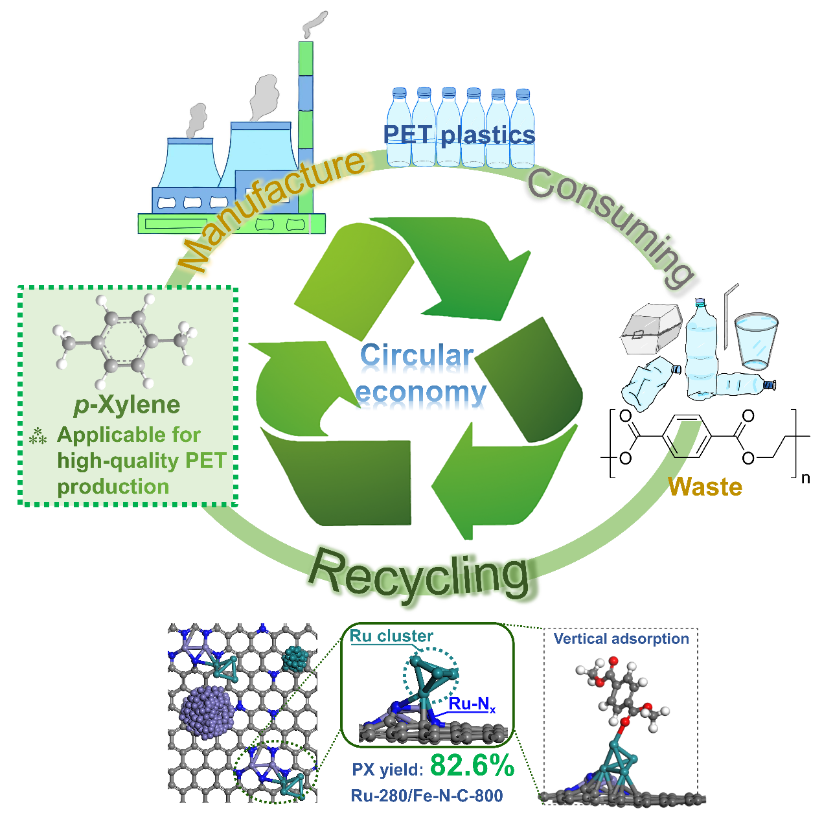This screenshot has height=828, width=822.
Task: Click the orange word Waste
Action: coord(705,487)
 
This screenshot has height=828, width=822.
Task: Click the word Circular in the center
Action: coord(417,356)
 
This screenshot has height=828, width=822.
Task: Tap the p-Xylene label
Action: coord(127,405)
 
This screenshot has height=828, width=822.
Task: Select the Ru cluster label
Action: coord(391,636)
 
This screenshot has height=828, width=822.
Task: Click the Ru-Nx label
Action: coord(472,704)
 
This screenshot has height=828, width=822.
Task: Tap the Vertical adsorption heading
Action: coord(621,639)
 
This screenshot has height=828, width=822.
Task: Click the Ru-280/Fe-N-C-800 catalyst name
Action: coord(427,796)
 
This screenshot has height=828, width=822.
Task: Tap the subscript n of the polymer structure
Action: coord(805,479)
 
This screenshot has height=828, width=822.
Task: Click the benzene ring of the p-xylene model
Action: coord(124,341)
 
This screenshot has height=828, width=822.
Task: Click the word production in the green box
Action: coord(113,487)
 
